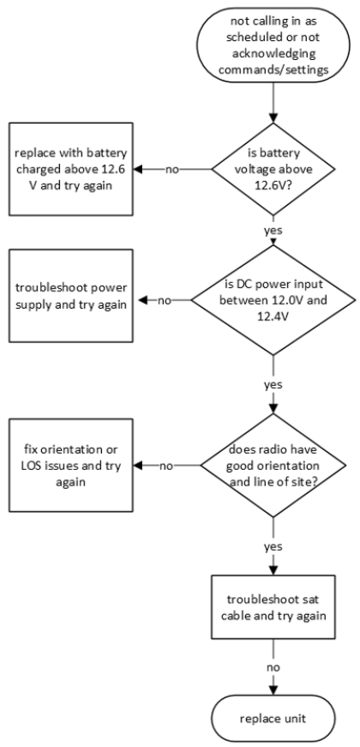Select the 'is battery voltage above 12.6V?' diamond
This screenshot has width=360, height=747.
[x=273, y=169]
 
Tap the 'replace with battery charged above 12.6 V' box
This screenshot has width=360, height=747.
[x=70, y=169]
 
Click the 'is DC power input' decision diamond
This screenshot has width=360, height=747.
[x=273, y=300]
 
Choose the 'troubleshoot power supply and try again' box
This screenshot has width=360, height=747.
[x=70, y=296]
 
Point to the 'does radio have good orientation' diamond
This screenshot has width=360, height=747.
[x=273, y=466]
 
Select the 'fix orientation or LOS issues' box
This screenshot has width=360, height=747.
[x=70, y=466]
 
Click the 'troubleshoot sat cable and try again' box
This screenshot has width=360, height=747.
[x=273, y=607]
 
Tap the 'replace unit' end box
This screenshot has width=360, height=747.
[x=273, y=718]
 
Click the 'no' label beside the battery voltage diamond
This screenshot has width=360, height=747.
[x=172, y=169]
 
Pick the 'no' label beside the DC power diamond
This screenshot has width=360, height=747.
[x=165, y=301]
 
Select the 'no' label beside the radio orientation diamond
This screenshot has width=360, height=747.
[x=166, y=466]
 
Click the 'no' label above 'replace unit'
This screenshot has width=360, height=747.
[x=273, y=667]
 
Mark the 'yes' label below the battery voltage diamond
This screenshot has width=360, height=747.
[x=273, y=230]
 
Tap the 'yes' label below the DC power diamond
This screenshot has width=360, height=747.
[x=273, y=384]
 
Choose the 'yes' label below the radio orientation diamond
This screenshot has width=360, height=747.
[x=273, y=546]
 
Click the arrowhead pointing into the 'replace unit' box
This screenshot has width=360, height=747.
[x=273, y=690]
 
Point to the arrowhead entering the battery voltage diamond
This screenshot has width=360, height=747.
[x=273, y=118]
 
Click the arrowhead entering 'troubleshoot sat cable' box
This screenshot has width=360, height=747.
[x=273, y=570]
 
